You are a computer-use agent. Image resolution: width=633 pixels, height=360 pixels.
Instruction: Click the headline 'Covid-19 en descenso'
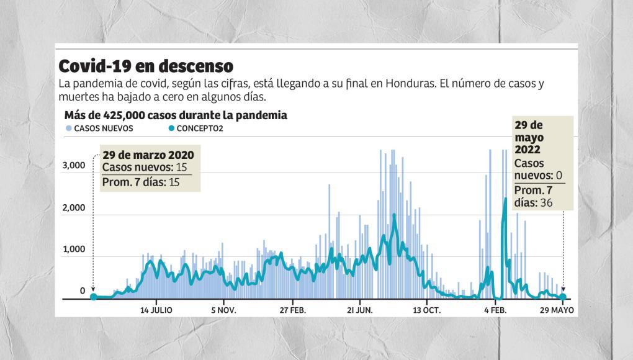point(146,66)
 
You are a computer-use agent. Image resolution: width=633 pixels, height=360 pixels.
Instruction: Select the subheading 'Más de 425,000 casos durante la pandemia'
point(176,115)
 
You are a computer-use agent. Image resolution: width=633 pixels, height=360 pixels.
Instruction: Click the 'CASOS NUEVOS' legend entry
point(103,128)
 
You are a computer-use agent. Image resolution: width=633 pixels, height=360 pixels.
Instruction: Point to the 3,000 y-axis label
point(74,166)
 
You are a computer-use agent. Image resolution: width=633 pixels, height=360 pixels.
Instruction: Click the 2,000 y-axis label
point(74,208)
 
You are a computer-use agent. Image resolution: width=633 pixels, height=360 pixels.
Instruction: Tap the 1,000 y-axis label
point(74,250)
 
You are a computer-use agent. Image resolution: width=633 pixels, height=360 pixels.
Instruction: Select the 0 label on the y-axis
point(82,291)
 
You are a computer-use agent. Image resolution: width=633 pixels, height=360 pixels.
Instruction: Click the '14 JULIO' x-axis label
point(156,309)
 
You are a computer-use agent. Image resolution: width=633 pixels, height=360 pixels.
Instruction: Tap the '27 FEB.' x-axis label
point(292,309)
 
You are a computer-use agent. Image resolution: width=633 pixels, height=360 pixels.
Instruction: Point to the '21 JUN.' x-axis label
point(359,309)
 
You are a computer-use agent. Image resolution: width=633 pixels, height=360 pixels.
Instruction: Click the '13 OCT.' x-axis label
point(427,309)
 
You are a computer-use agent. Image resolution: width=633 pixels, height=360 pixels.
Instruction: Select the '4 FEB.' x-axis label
point(494,309)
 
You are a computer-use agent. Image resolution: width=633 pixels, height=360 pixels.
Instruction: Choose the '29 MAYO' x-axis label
point(556,309)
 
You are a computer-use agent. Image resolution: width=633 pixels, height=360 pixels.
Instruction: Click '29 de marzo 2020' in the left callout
point(148,155)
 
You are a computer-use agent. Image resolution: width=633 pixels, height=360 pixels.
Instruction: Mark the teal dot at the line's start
point(94,297)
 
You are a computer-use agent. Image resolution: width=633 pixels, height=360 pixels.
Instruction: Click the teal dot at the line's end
point(563,297)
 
